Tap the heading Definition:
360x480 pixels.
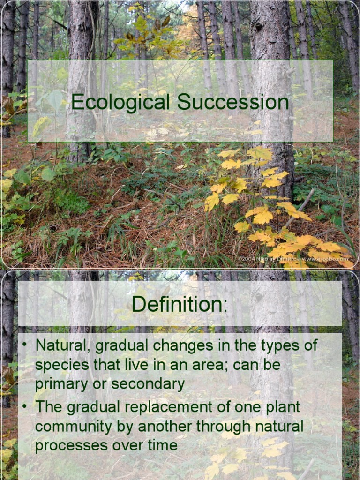[x=180, y=304]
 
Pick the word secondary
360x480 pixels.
[x=149, y=384]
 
